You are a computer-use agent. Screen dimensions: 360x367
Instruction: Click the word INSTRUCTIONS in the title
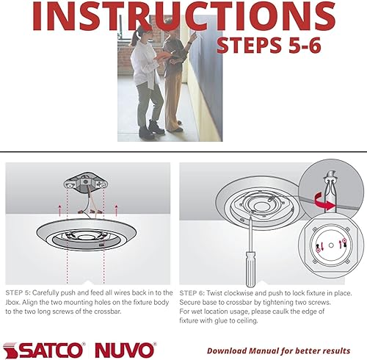point(183,16)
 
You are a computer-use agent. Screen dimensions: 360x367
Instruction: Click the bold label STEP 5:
point(20,292)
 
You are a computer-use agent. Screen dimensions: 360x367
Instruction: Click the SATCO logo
point(44,348)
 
